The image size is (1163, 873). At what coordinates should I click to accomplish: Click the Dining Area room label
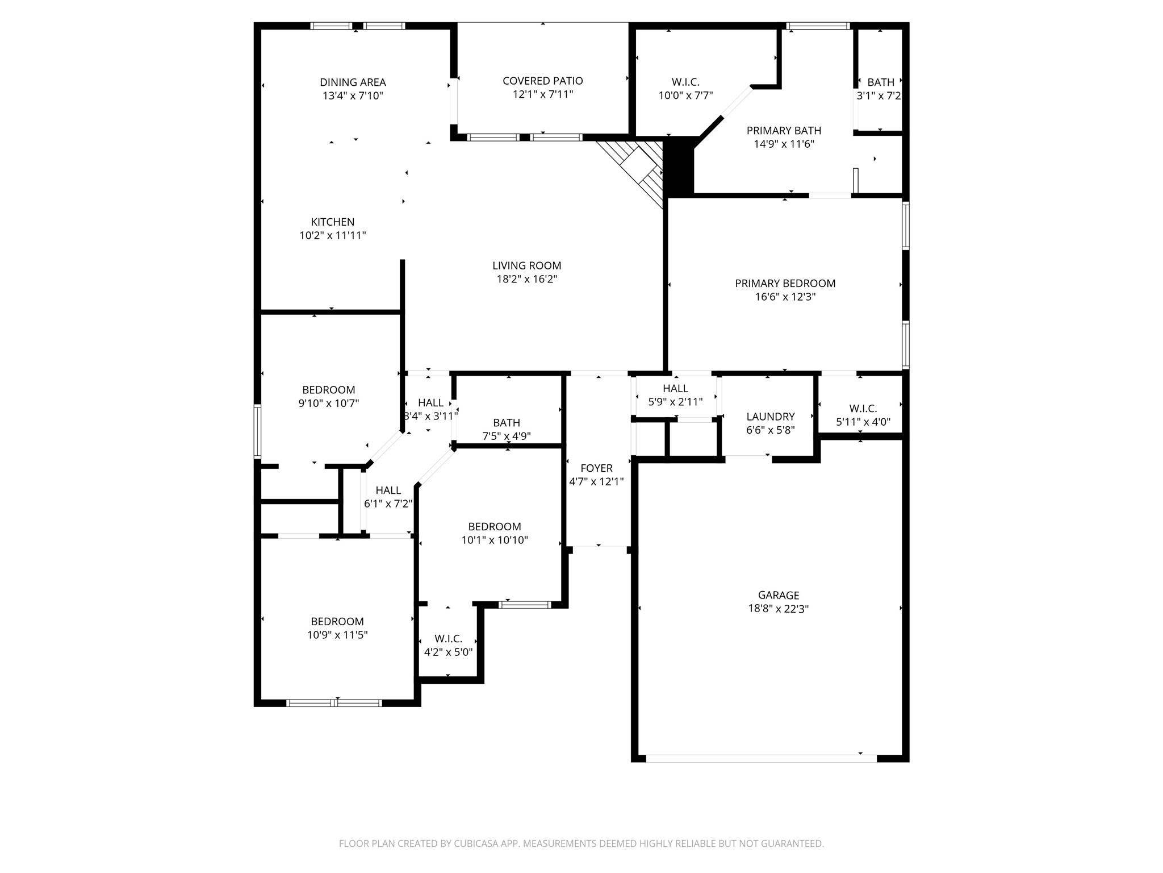click(x=353, y=82)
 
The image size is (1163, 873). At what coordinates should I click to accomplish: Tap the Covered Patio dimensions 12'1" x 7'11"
click(x=543, y=94)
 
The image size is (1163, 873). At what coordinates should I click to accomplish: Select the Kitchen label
click(x=333, y=222)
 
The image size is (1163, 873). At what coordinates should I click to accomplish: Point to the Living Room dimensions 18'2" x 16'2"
click(x=527, y=279)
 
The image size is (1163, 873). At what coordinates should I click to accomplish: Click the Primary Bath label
click(x=784, y=131)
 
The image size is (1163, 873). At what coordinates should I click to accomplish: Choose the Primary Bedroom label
click(x=785, y=283)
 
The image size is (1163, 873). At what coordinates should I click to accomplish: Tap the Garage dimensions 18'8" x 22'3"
click(x=779, y=609)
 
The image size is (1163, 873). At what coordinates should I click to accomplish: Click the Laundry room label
click(x=771, y=417)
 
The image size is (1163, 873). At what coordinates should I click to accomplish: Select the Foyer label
click(x=596, y=468)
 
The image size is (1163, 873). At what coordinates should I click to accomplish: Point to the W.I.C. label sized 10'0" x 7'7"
click(x=685, y=82)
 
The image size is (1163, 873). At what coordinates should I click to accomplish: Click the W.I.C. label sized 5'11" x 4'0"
click(x=863, y=409)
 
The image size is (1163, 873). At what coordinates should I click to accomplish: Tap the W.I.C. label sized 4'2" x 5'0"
click(x=448, y=639)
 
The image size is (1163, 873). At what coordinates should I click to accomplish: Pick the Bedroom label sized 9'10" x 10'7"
click(x=329, y=390)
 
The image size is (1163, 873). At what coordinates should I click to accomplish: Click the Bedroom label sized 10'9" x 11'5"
click(x=337, y=622)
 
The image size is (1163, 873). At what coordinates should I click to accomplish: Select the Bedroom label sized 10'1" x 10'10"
click(x=495, y=527)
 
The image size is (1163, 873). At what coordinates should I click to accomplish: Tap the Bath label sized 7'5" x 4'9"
click(x=507, y=423)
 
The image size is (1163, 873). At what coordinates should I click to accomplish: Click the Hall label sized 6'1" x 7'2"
click(x=388, y=490)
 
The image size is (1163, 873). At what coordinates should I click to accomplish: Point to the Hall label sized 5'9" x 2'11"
click(x=676, y=389)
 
